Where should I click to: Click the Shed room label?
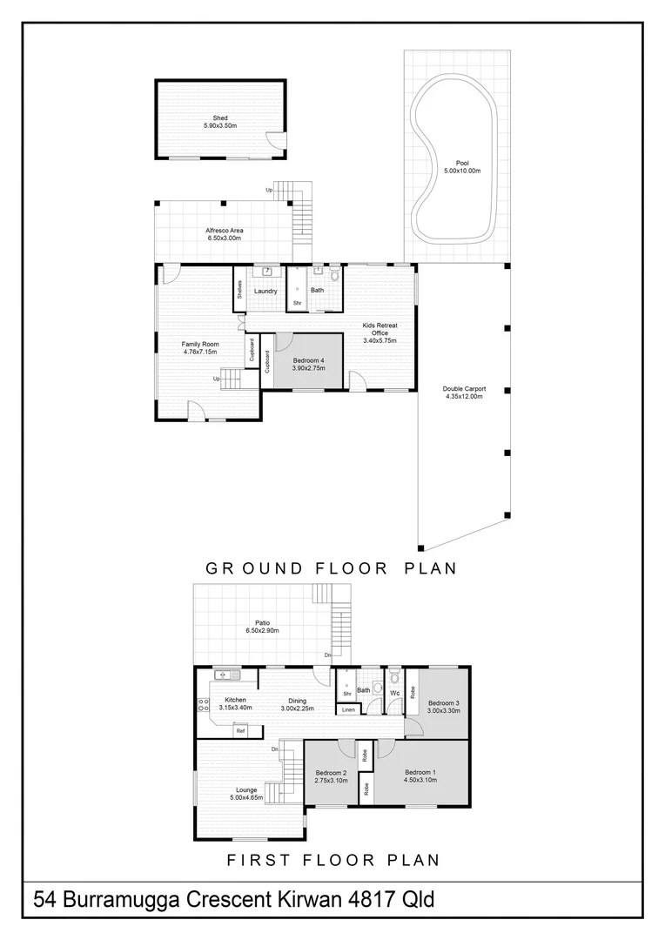click(x=220, y=118)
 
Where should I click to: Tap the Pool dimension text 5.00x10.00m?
click(x=462, y=171)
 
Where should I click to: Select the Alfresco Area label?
click(x=225, y=230)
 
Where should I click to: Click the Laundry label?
click(x=265, y=292)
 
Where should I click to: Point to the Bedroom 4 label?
click(x=308, y=360)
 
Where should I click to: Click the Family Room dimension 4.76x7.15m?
click(x=200, y=352)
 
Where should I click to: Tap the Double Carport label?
click(x=464, y=388)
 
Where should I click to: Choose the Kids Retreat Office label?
click(x=380, y=329)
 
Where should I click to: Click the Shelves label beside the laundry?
click(x=239, y=290)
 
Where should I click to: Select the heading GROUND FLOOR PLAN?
click(x=332, y=567)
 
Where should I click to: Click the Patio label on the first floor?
click(x=262, y=623)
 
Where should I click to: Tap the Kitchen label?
click(x=235, y=700)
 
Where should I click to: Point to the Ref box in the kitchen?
click(x=240, y=731)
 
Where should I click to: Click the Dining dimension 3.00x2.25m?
click(x=298, y=708)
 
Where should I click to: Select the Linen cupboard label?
click(x=348, y=710)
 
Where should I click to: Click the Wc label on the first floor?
click(x=394, y=693)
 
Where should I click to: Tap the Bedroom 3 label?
click(x=444, y=702)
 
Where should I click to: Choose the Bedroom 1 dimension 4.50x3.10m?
click(x=420, y=780)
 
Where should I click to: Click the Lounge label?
click(x=246, y=790)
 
